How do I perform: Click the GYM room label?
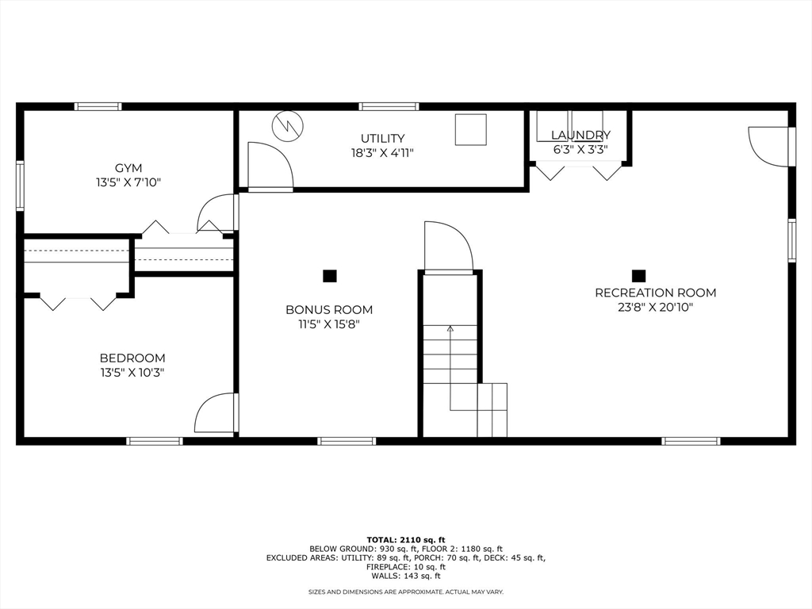(128, 168)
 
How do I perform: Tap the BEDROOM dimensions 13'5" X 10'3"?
(132, 372)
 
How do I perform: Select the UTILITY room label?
(382, 139)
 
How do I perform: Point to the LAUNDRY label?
(580, 136)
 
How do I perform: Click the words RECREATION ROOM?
(655, 293)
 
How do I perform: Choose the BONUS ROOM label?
(329, 310)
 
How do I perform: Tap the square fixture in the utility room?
(470, 129)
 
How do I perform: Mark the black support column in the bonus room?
(330, 276)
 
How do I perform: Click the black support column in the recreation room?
(638, 276)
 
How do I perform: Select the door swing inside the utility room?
(270, 167)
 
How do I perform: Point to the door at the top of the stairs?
(448, 247)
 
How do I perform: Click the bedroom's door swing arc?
(214, 413)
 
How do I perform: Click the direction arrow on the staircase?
(450, 327)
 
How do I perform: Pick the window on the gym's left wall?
(20, 186)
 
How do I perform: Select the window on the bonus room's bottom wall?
(347, 441)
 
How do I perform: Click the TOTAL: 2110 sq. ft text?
(405, 539)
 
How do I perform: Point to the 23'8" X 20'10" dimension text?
(655, 307)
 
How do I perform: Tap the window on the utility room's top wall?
(389, 106)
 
